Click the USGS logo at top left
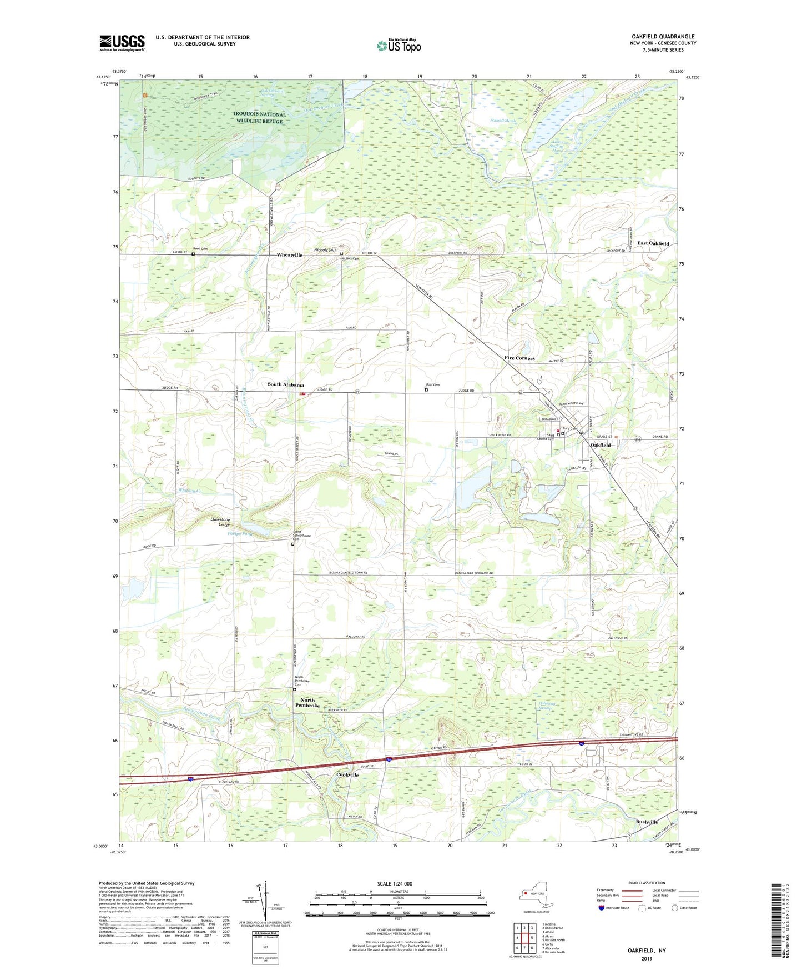pyautogui.click(x=122, y=43)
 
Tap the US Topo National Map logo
pyautogui.click(x=398, y=45)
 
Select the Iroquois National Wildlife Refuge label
pyautogui.click(x=260, y=118)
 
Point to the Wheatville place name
pyautogui.click(x=290, y=255)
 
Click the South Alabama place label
pyautogui.click(x=286, y=385)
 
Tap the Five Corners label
pyautogui.click(x=519, y=358)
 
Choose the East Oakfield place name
pyautogui.click(x=653, y=243)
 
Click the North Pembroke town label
pyautogui.click(x=307, y=703)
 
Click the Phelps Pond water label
pyautogui.click(x=240, y=534)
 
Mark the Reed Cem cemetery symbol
pyautogui.click(x=193, y=254)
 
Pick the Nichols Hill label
pyautogui.click(x=325, y=250)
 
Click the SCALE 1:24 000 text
pyautogui.click(x=395, y=883)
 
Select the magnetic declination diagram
pyautogui.click(x=265, y=899)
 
